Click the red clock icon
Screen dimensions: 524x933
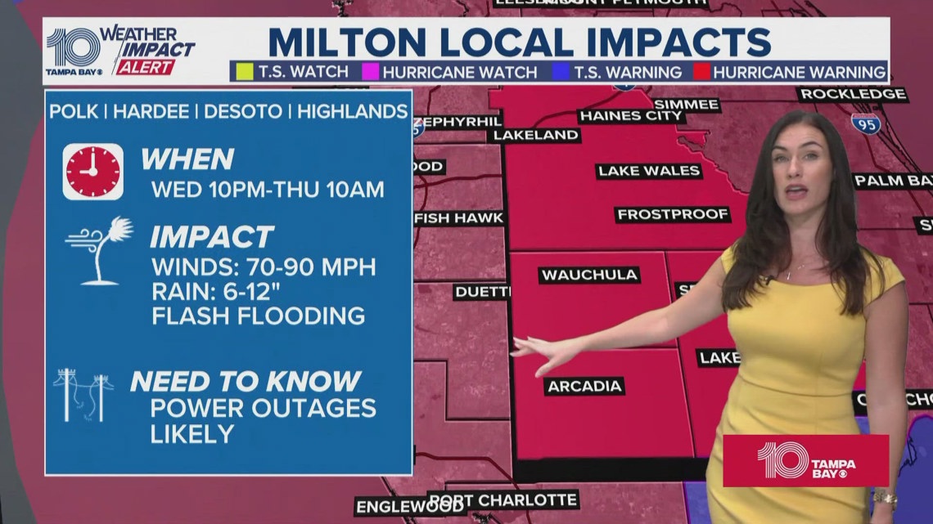pos(92,172)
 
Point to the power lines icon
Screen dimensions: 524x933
pos(83,395)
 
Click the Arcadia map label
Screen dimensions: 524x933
pos(584,386)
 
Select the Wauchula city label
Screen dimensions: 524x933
pos(588,275)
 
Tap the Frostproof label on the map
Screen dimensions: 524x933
pos(672,214)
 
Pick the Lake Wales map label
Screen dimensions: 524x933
pos(648,171)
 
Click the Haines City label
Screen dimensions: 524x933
pos(630,116)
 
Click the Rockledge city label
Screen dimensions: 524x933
pos(852,94)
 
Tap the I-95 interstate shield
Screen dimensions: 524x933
pos(864,124)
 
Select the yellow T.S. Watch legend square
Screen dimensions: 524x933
pos(243,72)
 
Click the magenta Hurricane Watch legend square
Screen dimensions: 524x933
pos(370,72)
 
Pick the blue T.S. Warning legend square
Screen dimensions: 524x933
pos(561,72)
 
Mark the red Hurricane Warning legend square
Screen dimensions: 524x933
pos(701,72)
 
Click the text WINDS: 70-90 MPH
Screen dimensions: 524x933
pos(263,266)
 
